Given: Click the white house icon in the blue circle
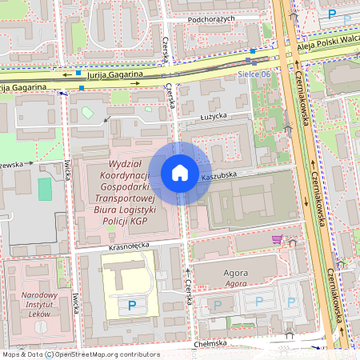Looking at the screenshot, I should click(x=179, y=172).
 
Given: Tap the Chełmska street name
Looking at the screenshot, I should click(x=210, y=343).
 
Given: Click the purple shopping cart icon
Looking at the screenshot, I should click(x=277, y=239).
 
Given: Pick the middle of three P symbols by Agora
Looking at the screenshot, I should click(x=258, y=302).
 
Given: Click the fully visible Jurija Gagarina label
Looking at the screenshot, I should click(x=115, y=74).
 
